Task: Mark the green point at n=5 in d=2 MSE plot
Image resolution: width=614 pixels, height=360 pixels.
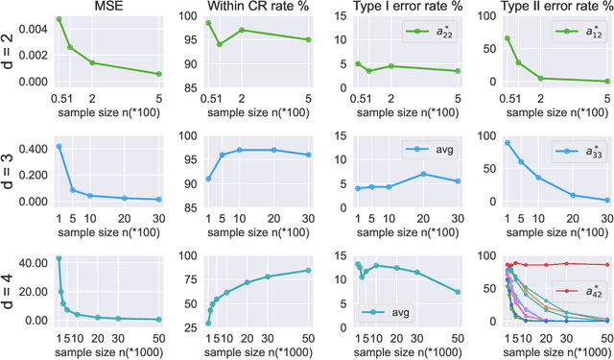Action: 159,74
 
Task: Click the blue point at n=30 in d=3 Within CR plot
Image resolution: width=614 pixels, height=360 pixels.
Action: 308,155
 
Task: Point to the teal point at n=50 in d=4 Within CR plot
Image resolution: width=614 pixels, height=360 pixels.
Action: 308,270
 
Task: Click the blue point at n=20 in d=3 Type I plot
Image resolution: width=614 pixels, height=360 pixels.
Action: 423,174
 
